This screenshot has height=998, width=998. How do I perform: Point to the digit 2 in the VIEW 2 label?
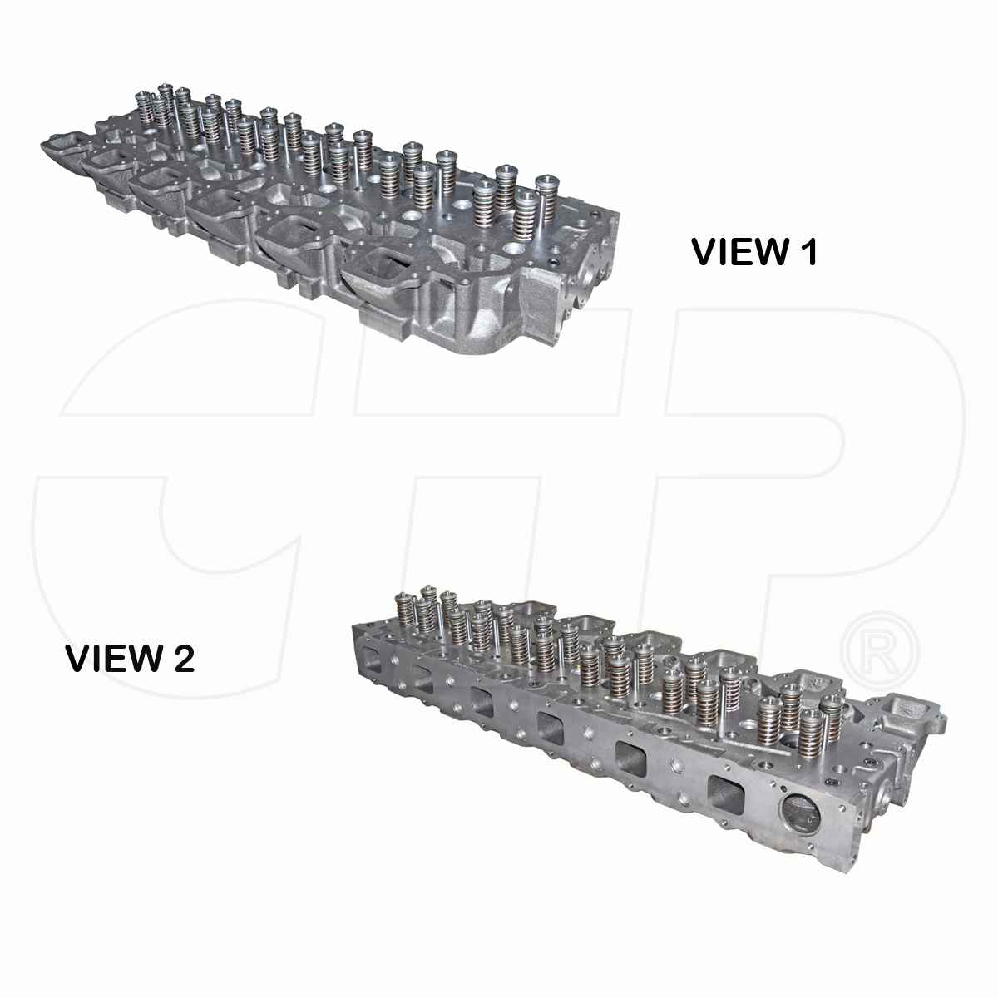click(x=182, y=659)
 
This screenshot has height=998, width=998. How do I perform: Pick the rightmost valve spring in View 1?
click(x=546, y=197)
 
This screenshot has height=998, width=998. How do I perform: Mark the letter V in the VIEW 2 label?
click(x=78, y=659)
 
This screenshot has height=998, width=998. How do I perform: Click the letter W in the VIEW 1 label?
click(x=768, y=252)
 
